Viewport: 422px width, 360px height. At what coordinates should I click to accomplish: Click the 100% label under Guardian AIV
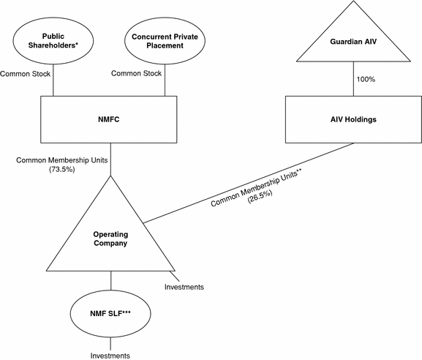366,79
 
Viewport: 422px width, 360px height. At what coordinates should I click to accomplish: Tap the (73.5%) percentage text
61,169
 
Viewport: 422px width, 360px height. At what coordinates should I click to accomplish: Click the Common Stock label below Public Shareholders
25,74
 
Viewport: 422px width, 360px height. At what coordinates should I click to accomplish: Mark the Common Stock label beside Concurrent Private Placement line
136,73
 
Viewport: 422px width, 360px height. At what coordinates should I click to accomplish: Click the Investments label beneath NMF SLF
110,356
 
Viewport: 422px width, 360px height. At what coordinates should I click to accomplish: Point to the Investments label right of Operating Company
184,287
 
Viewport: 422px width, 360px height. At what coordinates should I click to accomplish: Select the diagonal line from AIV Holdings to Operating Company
248,183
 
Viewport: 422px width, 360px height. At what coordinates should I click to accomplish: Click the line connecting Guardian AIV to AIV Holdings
353,79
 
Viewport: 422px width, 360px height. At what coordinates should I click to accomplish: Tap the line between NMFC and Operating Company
110,159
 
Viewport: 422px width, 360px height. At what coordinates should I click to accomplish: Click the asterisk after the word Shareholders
77,43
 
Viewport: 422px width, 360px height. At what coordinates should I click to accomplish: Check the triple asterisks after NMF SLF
127,312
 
